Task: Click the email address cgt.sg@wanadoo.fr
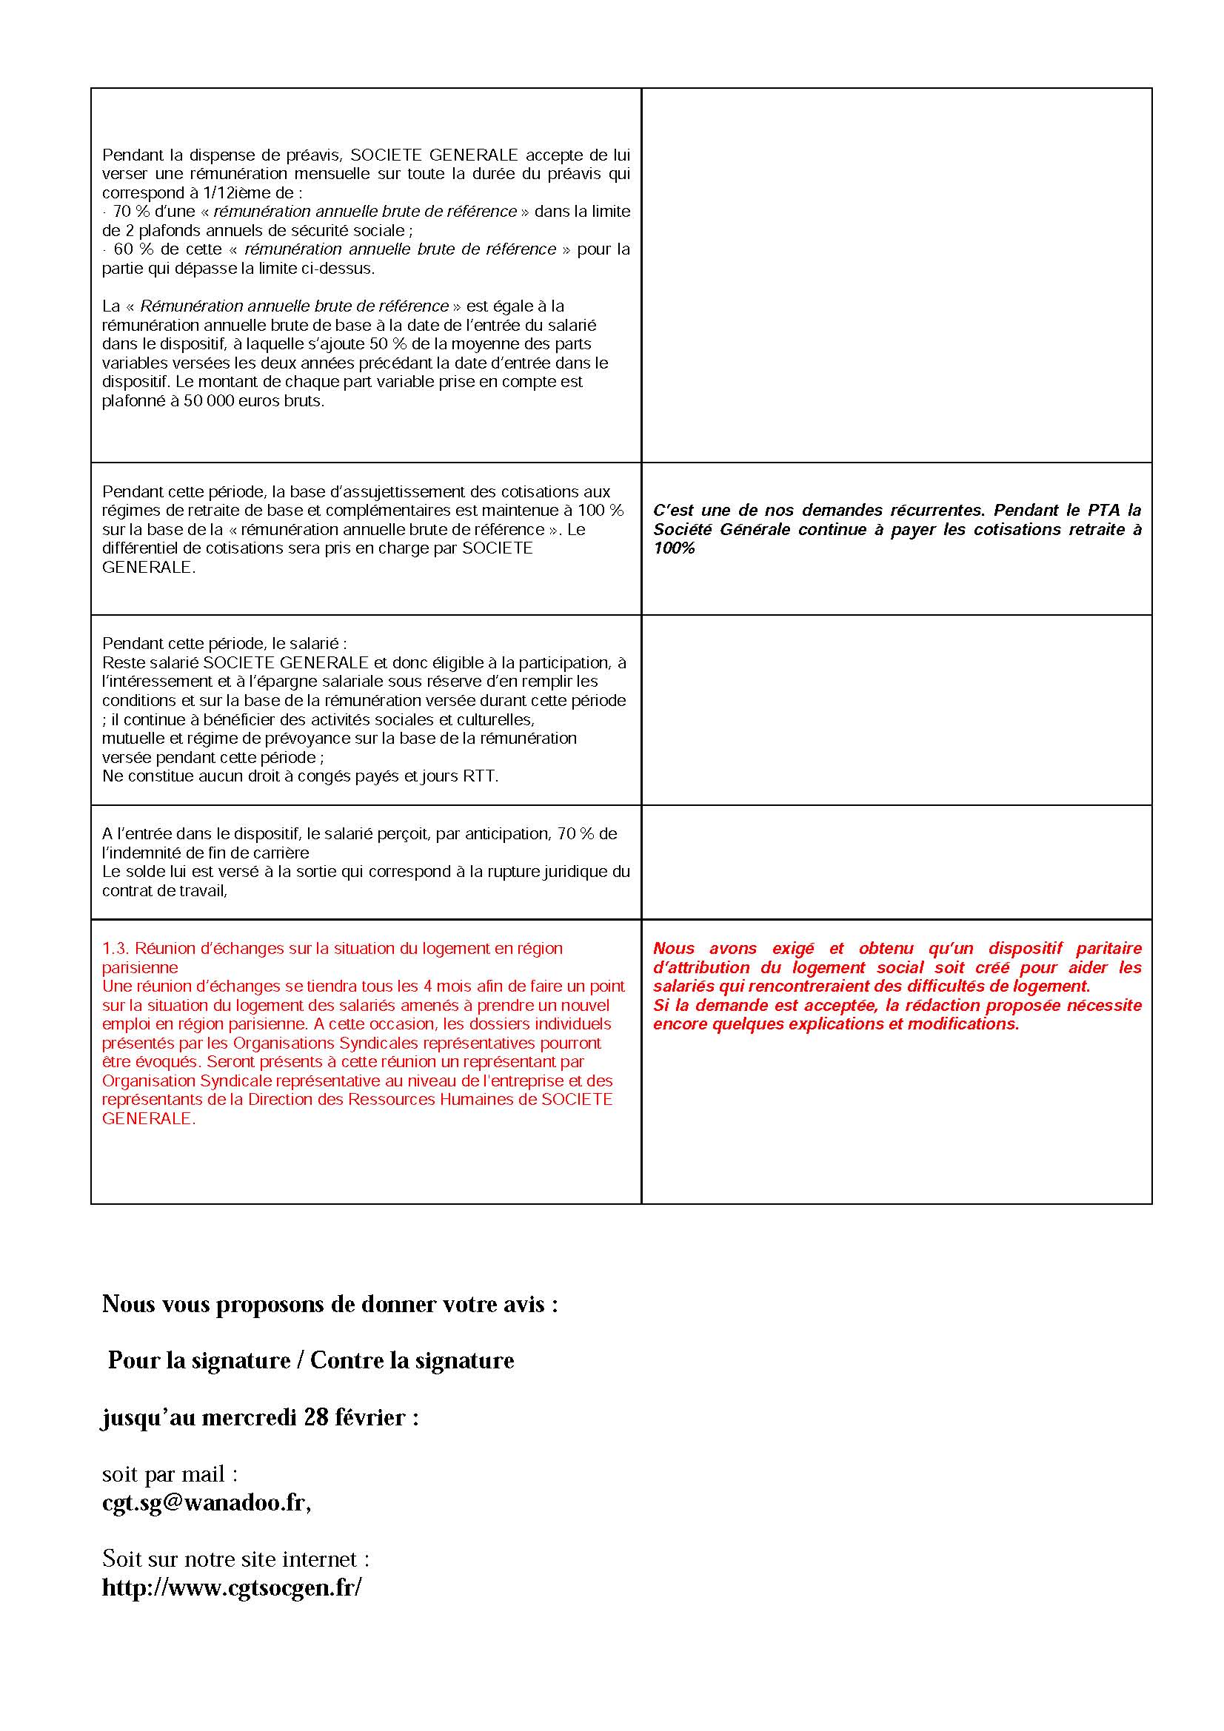[205, 1502]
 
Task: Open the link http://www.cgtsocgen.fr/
[232, 1587]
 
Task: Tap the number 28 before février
[316, 1417]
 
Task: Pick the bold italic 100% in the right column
[674, 548]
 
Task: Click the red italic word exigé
[792, 949]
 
